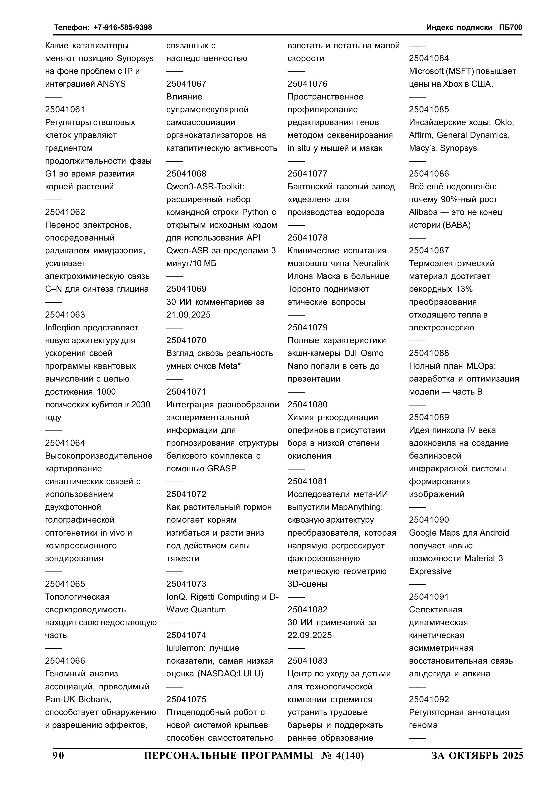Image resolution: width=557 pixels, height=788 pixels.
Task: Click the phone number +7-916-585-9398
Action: coord(123,27)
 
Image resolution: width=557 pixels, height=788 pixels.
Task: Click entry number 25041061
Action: coord(65,110)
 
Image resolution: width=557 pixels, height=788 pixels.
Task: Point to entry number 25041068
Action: coord(186,174)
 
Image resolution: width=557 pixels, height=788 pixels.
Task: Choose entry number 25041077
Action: coord(308,174)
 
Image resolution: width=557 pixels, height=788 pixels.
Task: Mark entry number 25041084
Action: coord(429,58)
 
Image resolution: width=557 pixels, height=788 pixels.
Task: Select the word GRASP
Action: coord(222,468)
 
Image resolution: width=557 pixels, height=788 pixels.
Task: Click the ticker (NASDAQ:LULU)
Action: coord(230,674)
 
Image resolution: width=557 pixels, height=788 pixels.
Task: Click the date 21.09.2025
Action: coord(188,315)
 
